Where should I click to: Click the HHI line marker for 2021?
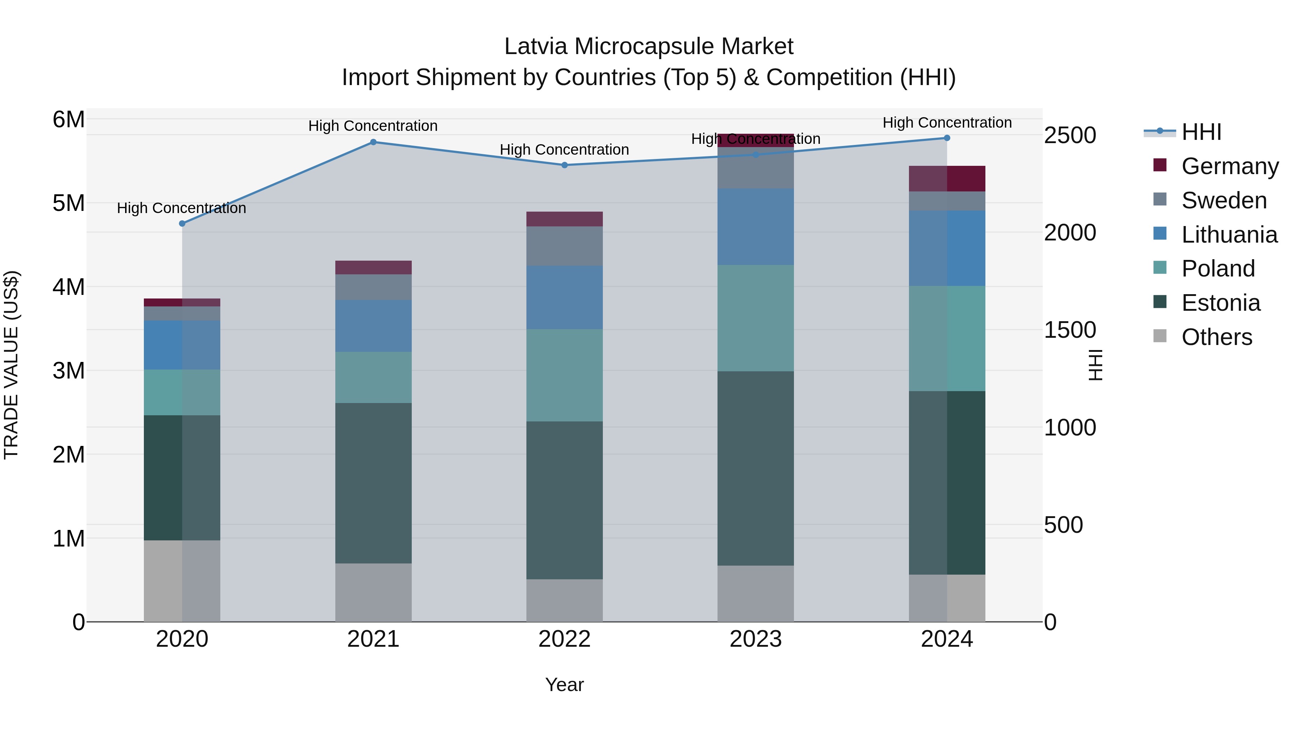(374, 142)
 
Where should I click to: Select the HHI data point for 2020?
(182, 224)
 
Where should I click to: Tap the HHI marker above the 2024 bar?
(947, 138)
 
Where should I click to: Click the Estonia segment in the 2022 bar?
(564, 500)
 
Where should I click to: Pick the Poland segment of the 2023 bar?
(755, 318)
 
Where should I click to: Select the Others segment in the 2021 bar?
(374, 592)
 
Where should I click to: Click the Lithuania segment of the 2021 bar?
(374, 326)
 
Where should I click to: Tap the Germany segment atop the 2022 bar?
(564, 219)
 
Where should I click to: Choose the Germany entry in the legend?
(1229, 166)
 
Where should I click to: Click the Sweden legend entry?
(1223, 200)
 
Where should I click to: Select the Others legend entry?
(1217, 337)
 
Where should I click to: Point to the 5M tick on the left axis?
(69, 204)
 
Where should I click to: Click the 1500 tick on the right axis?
(1070, 330)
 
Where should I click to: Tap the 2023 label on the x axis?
(755, 639)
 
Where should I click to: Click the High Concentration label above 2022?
(564, 150)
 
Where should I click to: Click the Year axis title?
(564, 685)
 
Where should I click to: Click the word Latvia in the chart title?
(536, 47)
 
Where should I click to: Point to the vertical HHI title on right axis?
(1095, 365)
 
